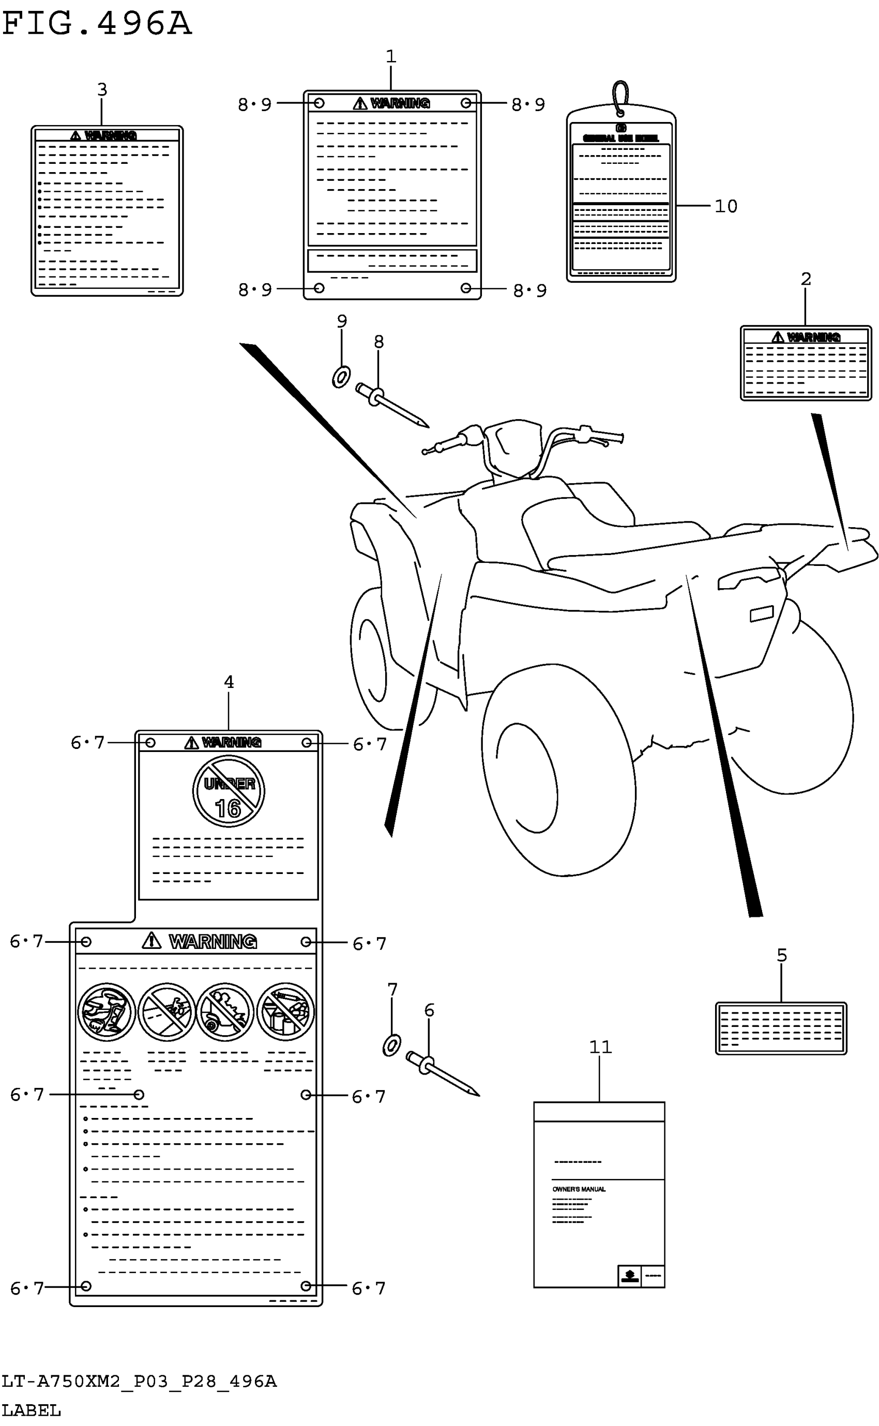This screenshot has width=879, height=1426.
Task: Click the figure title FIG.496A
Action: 97,24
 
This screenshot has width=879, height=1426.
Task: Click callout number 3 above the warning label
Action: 102,89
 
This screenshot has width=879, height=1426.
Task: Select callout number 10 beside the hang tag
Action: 725,206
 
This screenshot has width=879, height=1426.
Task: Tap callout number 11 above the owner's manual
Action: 600,1047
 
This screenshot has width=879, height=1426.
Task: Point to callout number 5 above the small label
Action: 782,955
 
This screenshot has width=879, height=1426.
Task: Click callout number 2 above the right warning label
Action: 806,279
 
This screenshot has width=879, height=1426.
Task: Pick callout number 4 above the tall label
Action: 229,682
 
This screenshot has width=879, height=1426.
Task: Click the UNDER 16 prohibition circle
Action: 229,791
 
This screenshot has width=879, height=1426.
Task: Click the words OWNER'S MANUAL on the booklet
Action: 579,1189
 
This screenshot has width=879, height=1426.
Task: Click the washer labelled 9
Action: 341,377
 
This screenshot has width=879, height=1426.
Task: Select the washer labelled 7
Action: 391,1046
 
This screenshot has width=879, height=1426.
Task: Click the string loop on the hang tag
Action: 621,97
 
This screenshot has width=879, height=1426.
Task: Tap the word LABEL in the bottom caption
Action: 31,1410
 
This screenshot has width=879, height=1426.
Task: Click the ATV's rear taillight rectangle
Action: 762,614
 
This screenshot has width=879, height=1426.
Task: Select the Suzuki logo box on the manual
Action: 629,1276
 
